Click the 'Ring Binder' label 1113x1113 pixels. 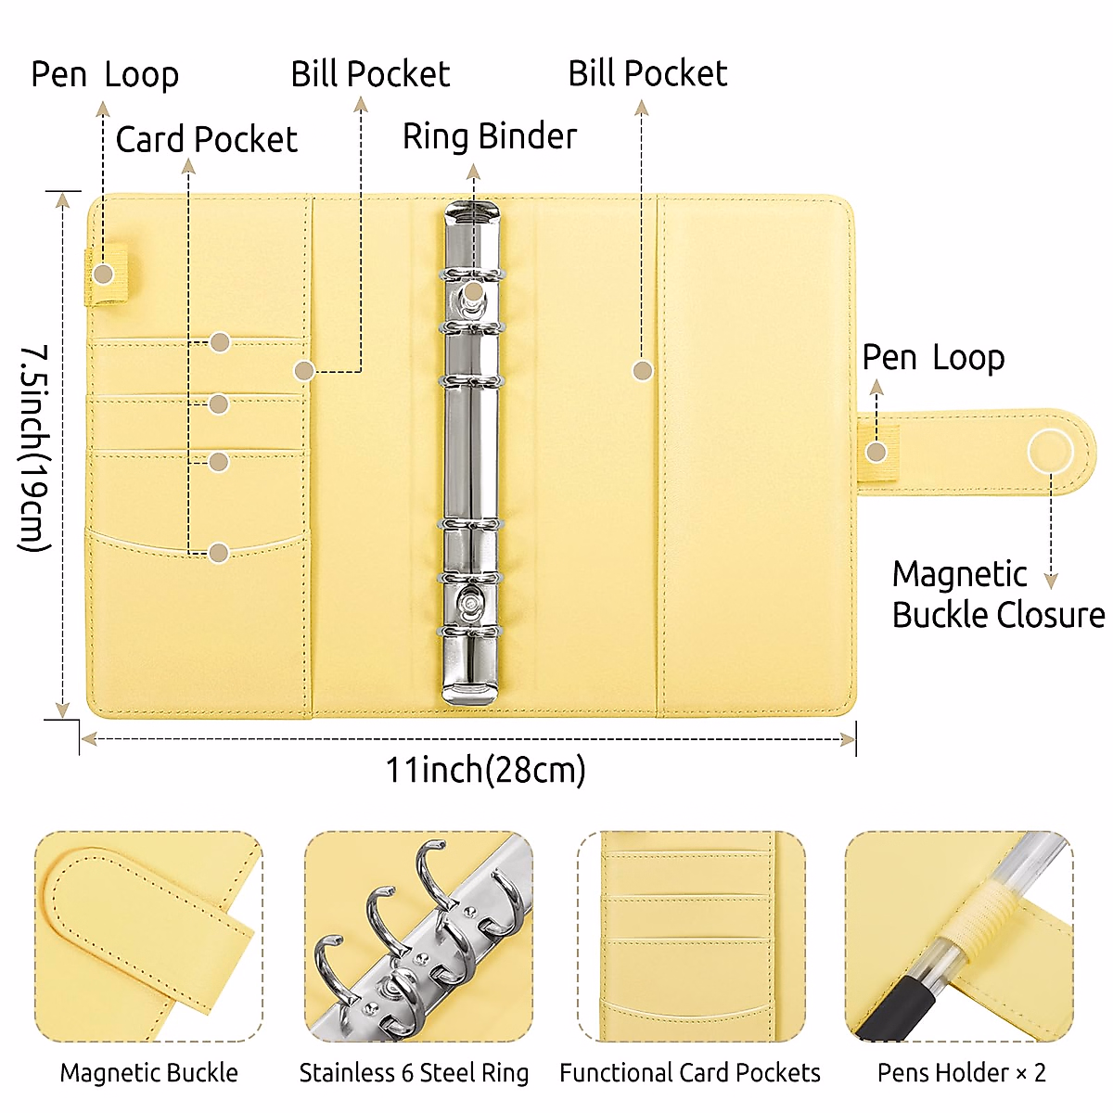[x=489, y=136]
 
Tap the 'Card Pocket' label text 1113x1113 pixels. [x=206, y=140]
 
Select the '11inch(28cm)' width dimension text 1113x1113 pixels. [x=485, y=770]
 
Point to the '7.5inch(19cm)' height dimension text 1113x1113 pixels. [x=35, y=449]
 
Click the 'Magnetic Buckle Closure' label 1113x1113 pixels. [x=998, y=595]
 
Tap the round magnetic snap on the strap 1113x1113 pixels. [x=1050, y=453]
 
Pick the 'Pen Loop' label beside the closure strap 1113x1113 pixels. [x=933, y=357]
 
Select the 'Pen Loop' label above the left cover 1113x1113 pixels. [x=105, y=75]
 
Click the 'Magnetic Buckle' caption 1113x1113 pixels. [x=149, y=1073]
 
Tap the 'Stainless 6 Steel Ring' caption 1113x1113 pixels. [x=414, y=1073]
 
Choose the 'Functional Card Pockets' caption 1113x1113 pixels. [x=690, y=1073]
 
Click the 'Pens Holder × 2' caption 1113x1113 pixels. [x=961, y=1073]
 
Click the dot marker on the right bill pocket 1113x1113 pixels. [x=642, y=371]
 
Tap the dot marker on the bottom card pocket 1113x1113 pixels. [x=219, y=553]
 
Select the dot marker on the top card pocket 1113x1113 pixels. [x=220, y=342]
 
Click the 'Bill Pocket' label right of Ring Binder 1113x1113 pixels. [x=647, y=74]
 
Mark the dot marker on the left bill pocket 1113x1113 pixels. [x=304, y=371]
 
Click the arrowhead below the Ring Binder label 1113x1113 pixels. [x=473, y=172]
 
